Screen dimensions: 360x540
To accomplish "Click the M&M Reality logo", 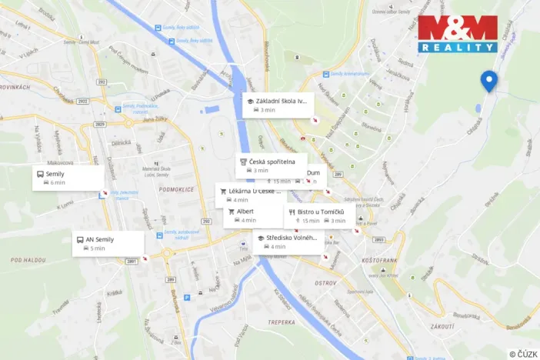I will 457,33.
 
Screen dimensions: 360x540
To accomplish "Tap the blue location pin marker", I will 488,80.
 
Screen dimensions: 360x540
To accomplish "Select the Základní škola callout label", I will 278,105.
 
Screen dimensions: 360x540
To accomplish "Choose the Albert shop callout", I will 255,215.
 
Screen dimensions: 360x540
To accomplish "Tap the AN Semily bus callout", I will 108,243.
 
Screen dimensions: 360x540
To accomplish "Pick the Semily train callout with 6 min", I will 68,178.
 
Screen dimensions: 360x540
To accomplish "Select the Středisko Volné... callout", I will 286,242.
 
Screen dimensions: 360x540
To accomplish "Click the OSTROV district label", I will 325,283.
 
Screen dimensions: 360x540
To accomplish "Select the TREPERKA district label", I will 281,322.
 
